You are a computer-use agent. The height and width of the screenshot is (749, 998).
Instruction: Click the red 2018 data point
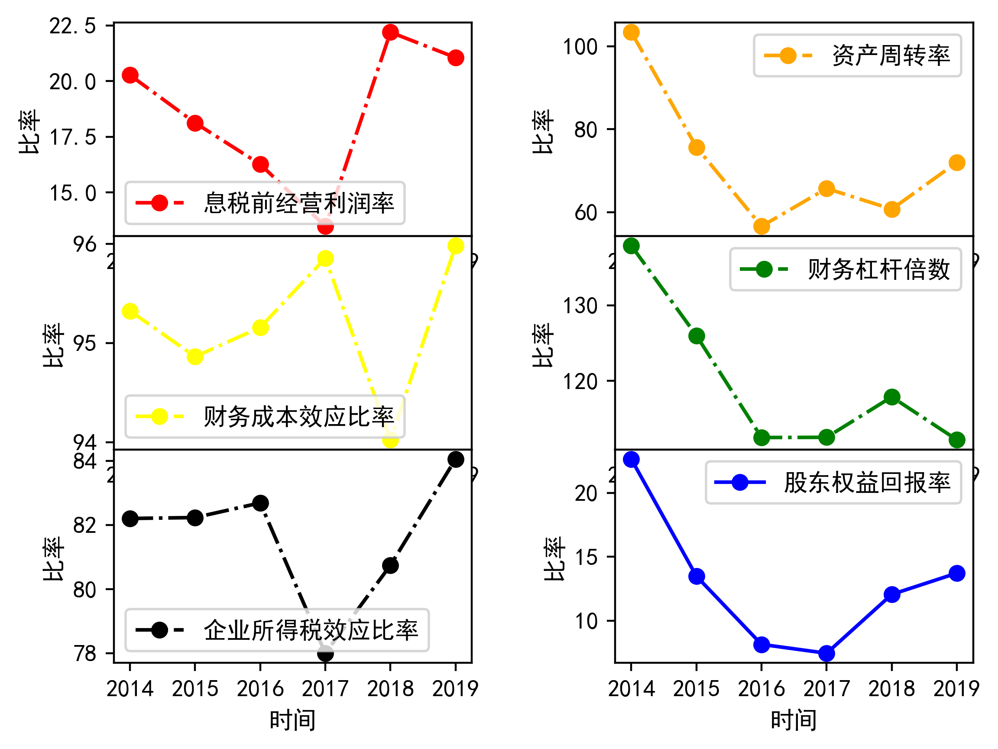pyautogui.click(x=390, y=32)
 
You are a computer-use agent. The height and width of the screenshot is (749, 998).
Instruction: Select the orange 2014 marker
pyautogui.click(x=631, y=32)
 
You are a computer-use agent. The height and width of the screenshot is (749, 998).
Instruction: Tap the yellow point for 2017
pyautogui.click(x=325, y=259)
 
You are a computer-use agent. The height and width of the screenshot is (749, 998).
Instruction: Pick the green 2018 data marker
pyautogui.click(x=892, y=398)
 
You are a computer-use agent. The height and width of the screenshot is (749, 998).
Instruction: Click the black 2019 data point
pyautogui.click(x=456, y=459)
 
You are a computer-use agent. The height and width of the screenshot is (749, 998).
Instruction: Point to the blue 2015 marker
pyautogui.click(x=697, y=577)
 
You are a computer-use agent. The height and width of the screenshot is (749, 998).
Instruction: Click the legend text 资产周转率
pyautogui.click(x=891, y=56)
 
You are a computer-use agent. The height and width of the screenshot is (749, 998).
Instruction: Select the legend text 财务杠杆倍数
pyautogui.click(x=879, y=269)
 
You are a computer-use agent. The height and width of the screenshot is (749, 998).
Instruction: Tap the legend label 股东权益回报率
pyautogui.click(x=867, y=483)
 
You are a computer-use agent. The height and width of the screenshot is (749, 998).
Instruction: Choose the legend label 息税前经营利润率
pyautogui.click(x=299, y=203)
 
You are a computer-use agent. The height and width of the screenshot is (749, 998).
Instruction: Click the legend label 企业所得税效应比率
pyautogui.click(x=311, y=630)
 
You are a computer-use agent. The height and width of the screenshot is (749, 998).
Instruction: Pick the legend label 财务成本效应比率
pyautogui.click(x=299, y=416)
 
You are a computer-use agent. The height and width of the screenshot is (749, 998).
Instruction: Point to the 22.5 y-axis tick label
pyautogui.click(x=73, y=26)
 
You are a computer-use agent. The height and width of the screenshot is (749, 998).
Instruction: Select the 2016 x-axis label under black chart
pyautogui.click(x=260, y=689)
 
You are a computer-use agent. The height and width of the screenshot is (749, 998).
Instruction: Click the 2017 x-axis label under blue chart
pyautogui.click(x=826, y=689)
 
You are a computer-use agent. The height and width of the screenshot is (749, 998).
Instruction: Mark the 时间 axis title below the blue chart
pyautogui.click(x=794, y=720)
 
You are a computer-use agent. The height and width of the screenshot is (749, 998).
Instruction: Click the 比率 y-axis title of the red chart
pyautogui.click(x=29, y=131)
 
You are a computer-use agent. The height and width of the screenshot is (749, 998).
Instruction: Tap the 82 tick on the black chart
pyautogui.click(x=85, y=525)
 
